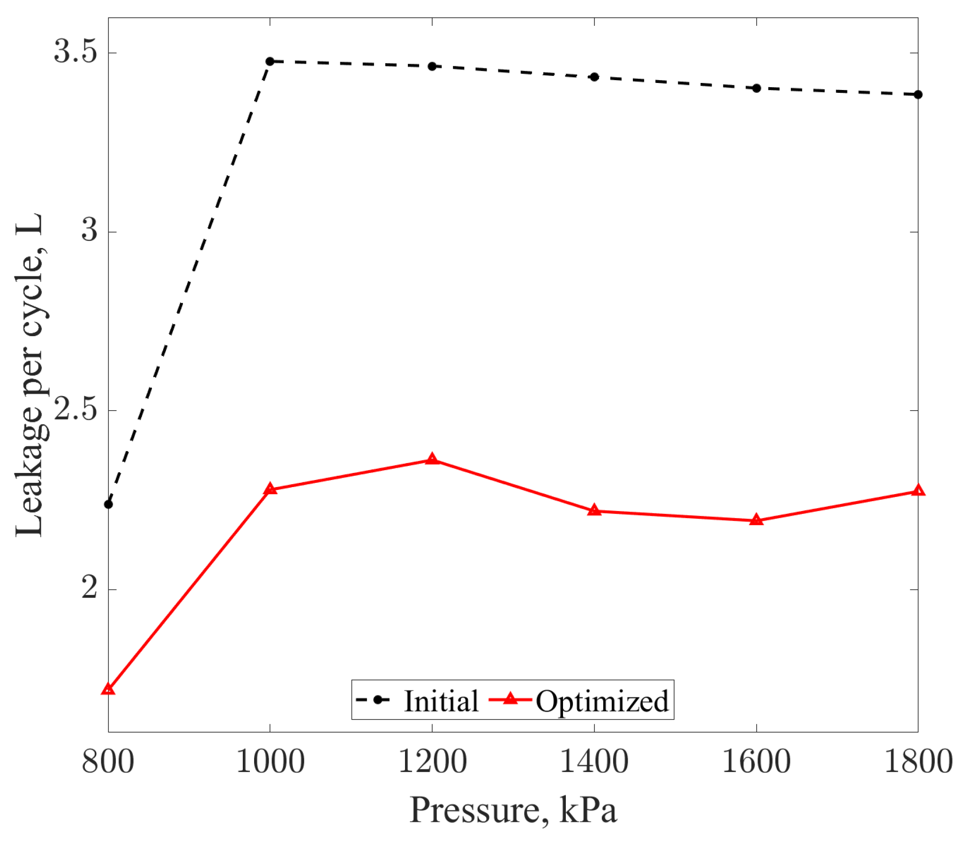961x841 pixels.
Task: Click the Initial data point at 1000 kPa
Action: tap(270, 61)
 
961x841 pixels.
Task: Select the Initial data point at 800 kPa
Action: tap(108, 504)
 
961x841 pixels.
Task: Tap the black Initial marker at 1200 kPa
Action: tap(432, 67)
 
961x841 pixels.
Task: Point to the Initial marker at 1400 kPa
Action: tap(594, 77)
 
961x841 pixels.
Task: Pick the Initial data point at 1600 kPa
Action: tap(757, 88)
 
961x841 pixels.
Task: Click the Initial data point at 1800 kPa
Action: tap(918, 95)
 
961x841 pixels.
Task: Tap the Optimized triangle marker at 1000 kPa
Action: tap(270, 489)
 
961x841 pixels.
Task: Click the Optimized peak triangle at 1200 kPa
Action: tap(432, 459)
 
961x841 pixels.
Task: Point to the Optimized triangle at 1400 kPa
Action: tap(594, 510)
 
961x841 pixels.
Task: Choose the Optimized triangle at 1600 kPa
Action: tap(757, 520)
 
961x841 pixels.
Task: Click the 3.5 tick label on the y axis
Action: tap(75, 52)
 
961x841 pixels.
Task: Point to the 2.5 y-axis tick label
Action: tap(75, 410)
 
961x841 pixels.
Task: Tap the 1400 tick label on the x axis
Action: tap(594, 761)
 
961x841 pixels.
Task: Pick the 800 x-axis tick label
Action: tap(108, 761)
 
